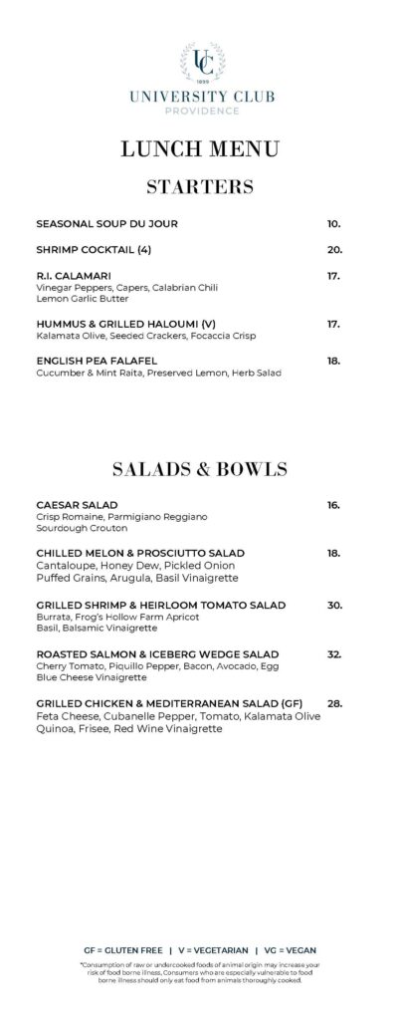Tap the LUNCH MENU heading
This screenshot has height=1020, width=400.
point(200,149)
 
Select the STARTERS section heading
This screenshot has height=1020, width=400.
point(200,187)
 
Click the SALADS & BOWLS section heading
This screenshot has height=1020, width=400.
point(200,468)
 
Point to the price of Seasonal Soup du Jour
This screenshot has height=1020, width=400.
point(333,224)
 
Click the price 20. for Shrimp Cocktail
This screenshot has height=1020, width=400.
point(334,250)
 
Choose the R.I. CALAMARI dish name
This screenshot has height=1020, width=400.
point(73,276)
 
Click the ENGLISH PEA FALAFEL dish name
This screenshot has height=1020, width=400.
point(97,361)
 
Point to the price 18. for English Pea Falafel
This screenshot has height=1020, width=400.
point(333,361)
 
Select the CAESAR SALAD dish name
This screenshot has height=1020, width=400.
point(77,505)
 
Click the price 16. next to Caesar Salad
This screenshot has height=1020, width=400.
point(333,505)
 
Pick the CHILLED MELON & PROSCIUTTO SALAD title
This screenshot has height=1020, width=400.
point(140,553)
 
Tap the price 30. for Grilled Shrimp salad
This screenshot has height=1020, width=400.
point(334,605)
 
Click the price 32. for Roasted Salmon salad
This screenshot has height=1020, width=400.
point(334,654)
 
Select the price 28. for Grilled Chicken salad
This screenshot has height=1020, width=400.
point(334,703)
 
